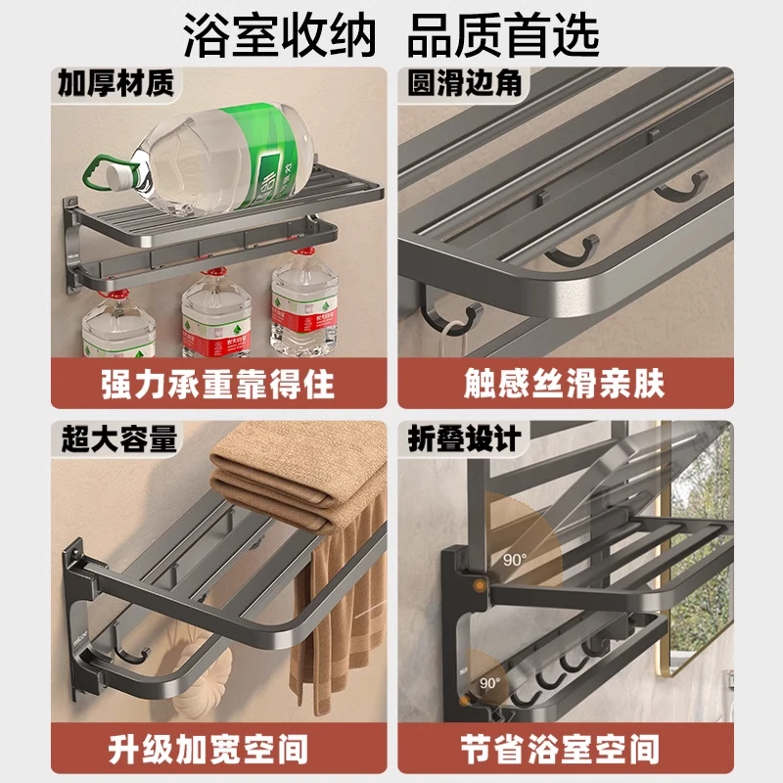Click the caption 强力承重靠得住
pos(217,383)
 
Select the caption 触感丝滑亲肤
pos(565,383)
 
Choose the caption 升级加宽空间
pos(217,750)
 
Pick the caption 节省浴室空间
pos(565,750)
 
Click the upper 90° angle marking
pos(516,560)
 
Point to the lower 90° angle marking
pos(489,682)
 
